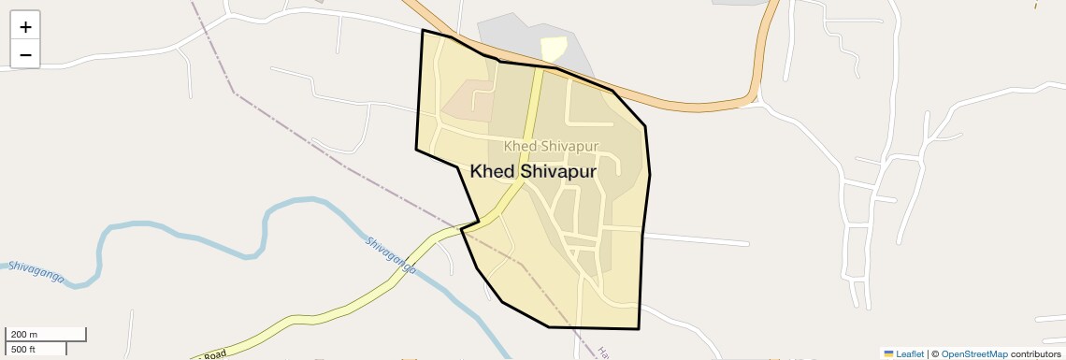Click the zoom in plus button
tap(25, 27)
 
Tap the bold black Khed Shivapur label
tap(533, 172)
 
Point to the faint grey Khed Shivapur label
tap(551, 146)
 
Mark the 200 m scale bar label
tap(24, 334)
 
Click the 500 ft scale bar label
tap(23, 350)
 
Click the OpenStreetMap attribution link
tap(973, 354)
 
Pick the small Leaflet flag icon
tap(888, 354)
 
